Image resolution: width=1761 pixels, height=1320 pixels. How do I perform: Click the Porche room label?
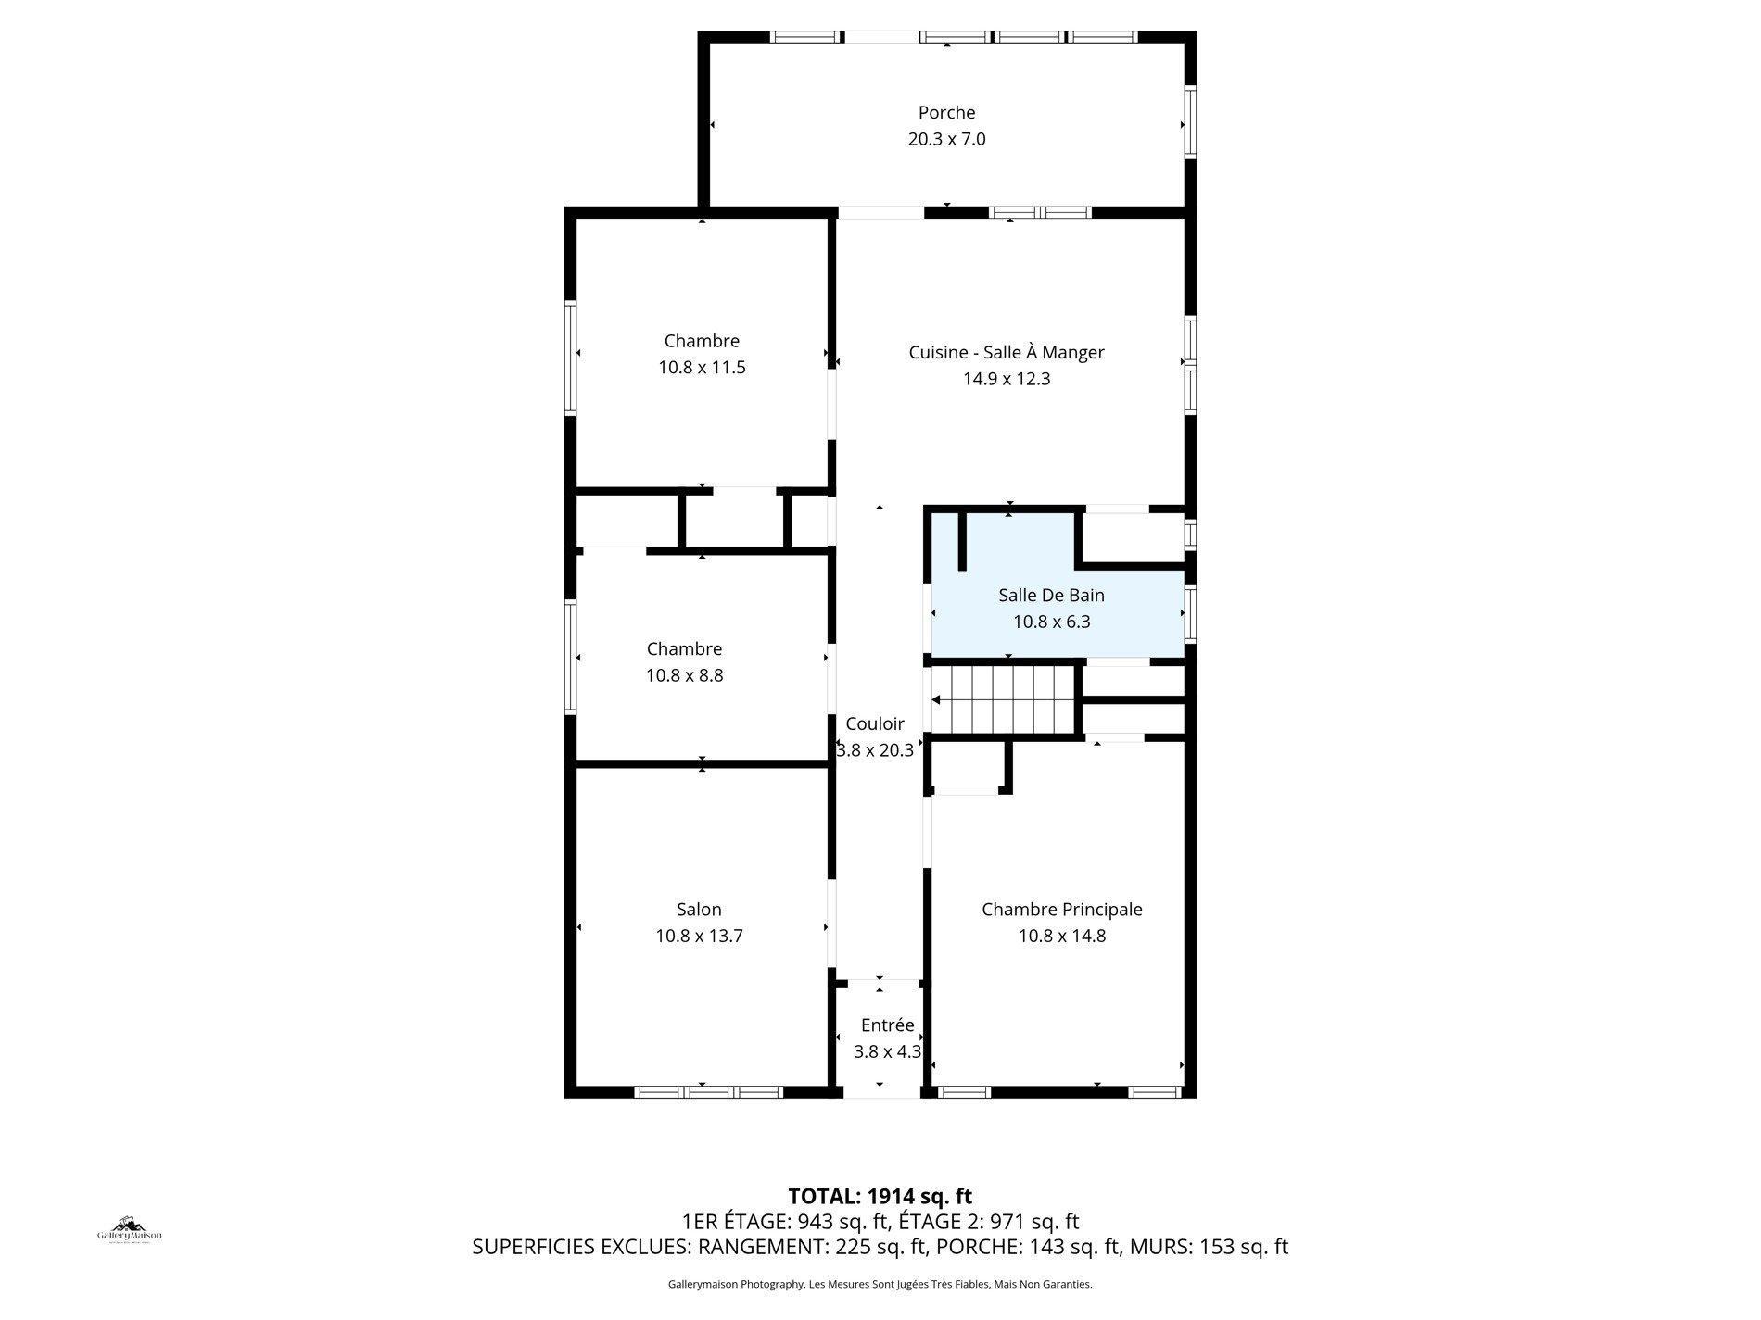point(946,112)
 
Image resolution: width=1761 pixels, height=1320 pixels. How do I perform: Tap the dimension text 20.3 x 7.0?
point(946,139)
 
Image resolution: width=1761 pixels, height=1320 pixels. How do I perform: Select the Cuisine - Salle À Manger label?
point(1007,352)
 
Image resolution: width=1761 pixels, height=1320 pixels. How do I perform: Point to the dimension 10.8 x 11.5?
point(702,367)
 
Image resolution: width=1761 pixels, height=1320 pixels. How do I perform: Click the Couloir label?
point(874,723)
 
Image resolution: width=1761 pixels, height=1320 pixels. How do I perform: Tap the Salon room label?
point(699,909)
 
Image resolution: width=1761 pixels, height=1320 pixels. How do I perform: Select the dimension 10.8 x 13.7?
point(699,936)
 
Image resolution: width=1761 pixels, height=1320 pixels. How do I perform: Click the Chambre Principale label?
point(1061,909)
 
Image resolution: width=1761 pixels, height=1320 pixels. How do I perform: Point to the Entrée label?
point(887,1025)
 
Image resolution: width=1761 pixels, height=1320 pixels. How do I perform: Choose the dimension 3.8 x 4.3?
point(887,1051)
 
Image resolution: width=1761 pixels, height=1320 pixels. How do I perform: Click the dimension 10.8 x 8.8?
point(684,675)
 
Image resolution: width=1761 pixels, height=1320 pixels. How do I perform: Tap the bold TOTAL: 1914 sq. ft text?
point(880,1196)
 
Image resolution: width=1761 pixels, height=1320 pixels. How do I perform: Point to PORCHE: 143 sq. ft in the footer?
point(1027,1247)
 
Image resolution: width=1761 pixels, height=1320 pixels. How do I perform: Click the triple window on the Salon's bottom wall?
point(708,1092)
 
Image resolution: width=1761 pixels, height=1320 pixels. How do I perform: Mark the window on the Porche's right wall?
point(1191,122)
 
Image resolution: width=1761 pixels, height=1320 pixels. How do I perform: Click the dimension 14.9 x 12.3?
point(1007,378)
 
